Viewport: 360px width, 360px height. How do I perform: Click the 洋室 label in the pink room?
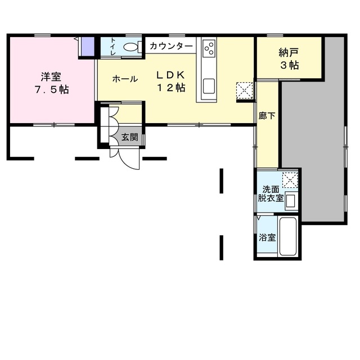click(x=51, y=76)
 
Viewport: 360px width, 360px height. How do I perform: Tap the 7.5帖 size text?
click(x=51, y=89)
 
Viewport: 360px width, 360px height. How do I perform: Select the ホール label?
click(x=125, y=79)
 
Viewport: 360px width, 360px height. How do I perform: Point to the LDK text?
click(x=170, y=75)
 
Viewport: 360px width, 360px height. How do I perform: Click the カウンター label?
click(x=171, y=46)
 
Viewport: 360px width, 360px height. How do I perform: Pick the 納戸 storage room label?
click(x=289, y=53)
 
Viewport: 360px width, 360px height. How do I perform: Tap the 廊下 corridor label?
click(x=267, y=116)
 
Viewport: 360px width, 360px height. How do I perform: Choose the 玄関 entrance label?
click(x=130, y=137)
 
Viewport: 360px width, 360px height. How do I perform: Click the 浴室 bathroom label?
click(x=267, y=237)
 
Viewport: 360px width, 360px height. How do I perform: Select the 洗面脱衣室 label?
click(x=271, y=193)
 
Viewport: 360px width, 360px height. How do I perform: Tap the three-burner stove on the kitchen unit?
click(x=210, y=48)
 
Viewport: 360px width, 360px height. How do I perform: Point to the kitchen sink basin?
click(x=209, y=86)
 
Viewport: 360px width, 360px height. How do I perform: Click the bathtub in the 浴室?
click(x=288, y=236)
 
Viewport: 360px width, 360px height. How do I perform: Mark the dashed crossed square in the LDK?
click(x=245, y=91)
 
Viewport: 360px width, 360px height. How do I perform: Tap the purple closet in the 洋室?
click(x=88, y=46)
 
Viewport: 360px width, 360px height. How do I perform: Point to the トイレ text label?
click(x=113, y=46)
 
